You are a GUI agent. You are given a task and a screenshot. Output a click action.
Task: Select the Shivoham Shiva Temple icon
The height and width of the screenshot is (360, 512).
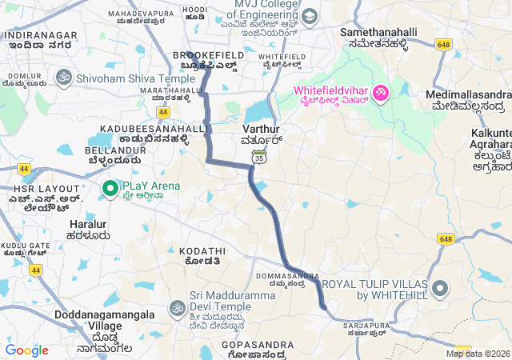[x=63, y=78]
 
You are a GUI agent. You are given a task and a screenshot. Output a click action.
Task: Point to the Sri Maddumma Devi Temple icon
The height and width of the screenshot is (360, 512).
[x=177, y=307]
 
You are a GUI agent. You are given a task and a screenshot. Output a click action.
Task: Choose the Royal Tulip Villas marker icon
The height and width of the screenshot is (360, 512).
[x=439, y=288]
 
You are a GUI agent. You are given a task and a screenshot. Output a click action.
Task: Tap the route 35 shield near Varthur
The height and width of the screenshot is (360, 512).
[x=258, y=158]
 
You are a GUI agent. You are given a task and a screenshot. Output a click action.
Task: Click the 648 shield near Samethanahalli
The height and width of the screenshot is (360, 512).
[x=445, y=45]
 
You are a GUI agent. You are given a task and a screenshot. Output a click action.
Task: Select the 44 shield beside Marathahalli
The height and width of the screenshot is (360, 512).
[x=163, y=112]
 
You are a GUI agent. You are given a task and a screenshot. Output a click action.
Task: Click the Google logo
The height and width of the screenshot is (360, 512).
[x=26, y=350]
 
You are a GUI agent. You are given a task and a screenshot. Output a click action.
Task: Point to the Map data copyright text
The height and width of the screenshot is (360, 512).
[x=478, y=354]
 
